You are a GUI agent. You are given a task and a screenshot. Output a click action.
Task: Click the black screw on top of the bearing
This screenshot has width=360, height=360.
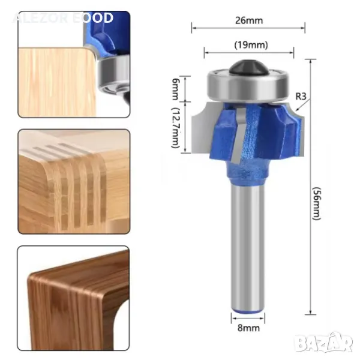coord(247,67)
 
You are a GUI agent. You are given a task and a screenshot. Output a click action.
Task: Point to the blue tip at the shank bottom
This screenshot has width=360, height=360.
coord(247,309)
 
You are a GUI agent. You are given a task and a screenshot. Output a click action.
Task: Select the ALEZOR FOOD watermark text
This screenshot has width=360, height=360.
coord(63,17)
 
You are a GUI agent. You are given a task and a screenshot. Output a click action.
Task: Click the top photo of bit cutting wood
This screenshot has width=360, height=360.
coord(73,64)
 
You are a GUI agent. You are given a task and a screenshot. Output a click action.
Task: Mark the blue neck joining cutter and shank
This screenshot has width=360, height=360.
coord(247,178)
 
